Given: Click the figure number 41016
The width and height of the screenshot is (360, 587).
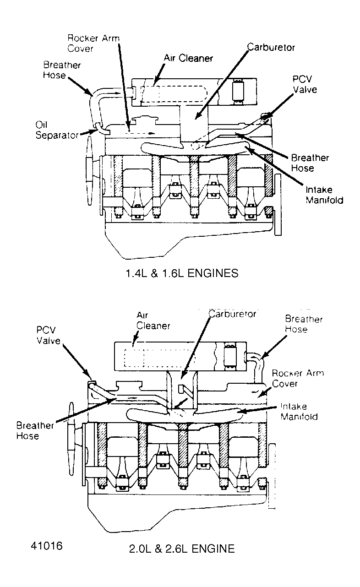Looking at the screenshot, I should pyautogui.click(x=47, y=546).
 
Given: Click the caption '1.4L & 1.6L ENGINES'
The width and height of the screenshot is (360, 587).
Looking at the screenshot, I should pyautogui.click(x=182, y=273).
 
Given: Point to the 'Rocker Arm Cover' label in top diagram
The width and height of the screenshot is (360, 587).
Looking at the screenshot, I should pyautogui.click(x=93, y=43).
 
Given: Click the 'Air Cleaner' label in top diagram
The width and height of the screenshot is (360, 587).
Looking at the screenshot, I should pyautogui.click(x=188, y=58).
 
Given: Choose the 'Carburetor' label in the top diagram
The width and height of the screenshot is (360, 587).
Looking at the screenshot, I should pyautogui.click(x=271, y=47).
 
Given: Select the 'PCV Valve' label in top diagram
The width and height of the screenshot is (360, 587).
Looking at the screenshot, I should pyautogui.click(x=304, y=84).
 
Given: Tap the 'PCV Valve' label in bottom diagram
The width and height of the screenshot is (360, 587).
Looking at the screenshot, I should pyautogui.click(x=49, y=335).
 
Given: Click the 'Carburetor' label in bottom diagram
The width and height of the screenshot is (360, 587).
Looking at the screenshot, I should pyautogui.click(x=232, y=314).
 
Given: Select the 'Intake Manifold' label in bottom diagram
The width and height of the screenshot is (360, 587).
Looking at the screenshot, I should pyautogui.click(x=300, y=411).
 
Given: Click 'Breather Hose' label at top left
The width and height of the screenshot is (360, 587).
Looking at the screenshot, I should pyautogui.click(x=62, y=70).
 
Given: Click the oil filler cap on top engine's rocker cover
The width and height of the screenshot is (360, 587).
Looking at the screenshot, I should pyautogui.click(x=144, y=122).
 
